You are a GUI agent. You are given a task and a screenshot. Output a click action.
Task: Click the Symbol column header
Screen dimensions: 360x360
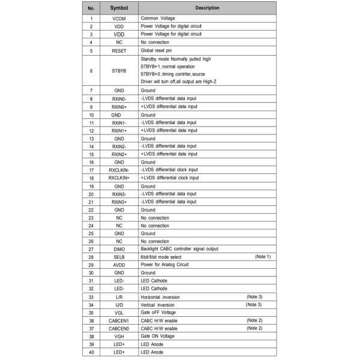pyautogui.click(x=119, y=8)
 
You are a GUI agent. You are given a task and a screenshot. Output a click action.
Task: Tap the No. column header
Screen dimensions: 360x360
pyautogui.click(x=91, y=8)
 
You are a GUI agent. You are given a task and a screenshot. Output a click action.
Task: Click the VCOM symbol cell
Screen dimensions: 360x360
pyautogui.click(x=119, y=19)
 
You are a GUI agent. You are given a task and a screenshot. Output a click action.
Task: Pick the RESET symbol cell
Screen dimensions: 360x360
pyautogui.click(x=119, y=51)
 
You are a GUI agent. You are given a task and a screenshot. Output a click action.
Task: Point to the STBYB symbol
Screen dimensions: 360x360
pyautogui.click(x=119, y=71)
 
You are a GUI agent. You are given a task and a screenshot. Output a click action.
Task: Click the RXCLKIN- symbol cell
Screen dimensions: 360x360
pyautogui.click(x=119, y=170)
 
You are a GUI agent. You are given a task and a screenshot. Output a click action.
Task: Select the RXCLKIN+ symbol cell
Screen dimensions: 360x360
pyautogui.click(x=119, y=178)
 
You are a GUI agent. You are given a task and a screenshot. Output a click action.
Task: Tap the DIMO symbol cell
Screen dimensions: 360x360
pyautogui.click(x=119, y=249)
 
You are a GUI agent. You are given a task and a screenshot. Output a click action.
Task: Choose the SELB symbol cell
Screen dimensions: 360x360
pyautogui.click(x=119, y=257)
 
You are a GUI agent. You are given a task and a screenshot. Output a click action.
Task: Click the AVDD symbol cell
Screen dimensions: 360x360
pyautogui.click(x=119, y=265)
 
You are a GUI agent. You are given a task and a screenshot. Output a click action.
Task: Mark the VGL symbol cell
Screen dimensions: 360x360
pyautogui.click(x=119, y=313)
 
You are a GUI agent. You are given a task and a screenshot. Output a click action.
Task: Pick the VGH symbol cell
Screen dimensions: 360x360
pyautogui.click(x=119, y=336)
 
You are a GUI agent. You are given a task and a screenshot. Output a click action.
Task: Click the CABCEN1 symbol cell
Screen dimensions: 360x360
pyautogui.click(x=119, y=320)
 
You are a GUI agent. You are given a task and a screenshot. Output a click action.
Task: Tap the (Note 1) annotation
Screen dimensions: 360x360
pyautogui.click(x=263, y=256)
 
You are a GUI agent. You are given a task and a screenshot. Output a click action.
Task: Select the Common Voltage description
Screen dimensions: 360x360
pyautogui.click(x=158, y=19)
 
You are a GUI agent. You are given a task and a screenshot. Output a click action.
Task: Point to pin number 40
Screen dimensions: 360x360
pyautogui.click(x=91, y=352)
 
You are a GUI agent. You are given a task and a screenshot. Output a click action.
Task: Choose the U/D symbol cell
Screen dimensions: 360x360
pyautogui.click(x=119, y=305)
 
